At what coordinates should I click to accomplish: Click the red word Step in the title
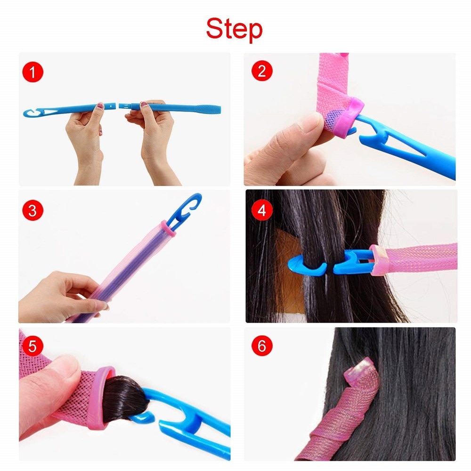point(234,29)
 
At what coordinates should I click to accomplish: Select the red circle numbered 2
point(262,71)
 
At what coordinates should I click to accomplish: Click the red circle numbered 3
point(32,210)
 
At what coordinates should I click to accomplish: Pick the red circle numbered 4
point(262,210)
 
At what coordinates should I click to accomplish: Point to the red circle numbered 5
point(32,347)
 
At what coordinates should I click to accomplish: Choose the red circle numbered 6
point(262,347)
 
